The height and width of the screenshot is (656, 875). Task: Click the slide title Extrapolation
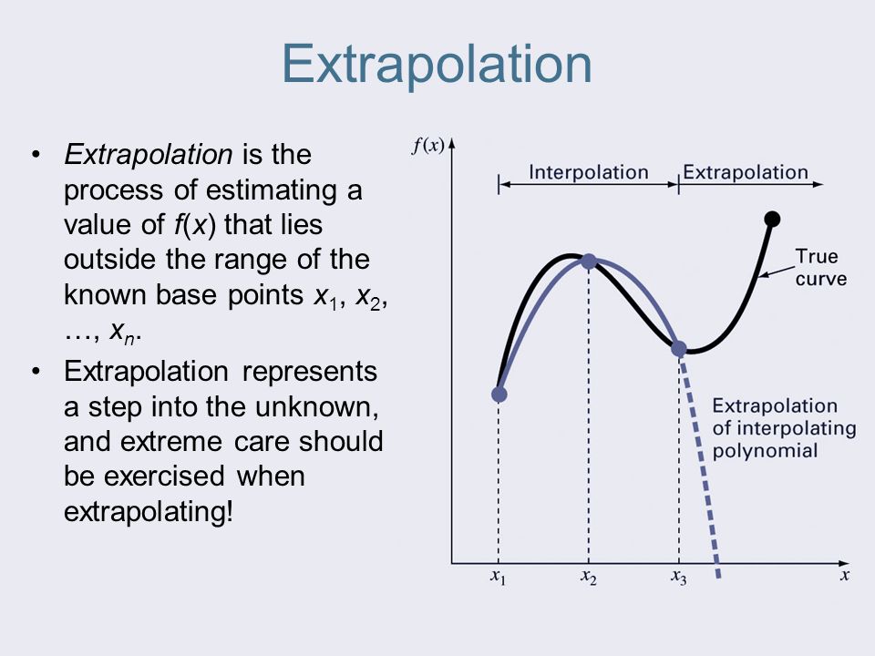437,64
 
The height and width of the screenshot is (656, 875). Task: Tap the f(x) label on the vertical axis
427,147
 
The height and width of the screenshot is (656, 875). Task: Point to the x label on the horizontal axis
845,575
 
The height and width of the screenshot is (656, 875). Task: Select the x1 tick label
499,578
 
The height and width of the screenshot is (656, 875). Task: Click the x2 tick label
589,578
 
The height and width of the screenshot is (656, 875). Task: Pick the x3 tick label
679,578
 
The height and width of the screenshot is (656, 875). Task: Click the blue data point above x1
499,395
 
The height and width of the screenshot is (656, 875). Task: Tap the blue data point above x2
589,261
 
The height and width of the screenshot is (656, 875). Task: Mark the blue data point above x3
679,348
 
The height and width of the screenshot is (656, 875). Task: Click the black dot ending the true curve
772,218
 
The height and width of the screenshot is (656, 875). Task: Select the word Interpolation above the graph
589,172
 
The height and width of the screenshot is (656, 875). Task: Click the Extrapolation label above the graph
745,172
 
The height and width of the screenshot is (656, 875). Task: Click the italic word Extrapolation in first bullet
147,155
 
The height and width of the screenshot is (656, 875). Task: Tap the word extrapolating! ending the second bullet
149,511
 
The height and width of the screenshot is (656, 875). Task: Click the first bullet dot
36,156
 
